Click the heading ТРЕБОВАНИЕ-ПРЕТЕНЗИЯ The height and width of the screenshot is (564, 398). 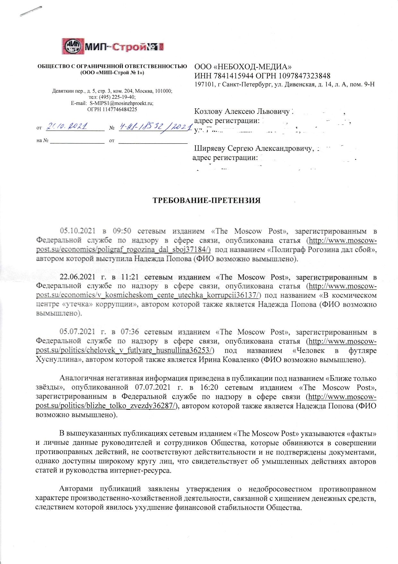point(206,201)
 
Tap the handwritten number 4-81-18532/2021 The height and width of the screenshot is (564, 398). point(153,127)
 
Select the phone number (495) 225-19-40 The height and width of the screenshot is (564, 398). point(117,97)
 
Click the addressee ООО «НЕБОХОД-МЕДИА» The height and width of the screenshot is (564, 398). point(243,67)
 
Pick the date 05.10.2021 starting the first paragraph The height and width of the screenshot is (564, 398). point(78,231)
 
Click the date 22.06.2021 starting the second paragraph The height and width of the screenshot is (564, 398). point(78,277)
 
